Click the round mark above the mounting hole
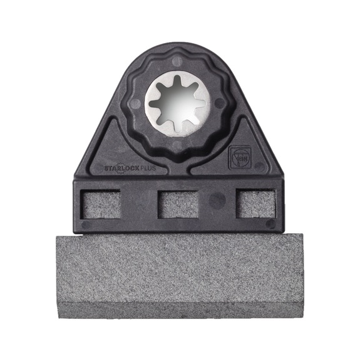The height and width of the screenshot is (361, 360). (180, 60)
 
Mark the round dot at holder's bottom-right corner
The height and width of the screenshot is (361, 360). (270, 223)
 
